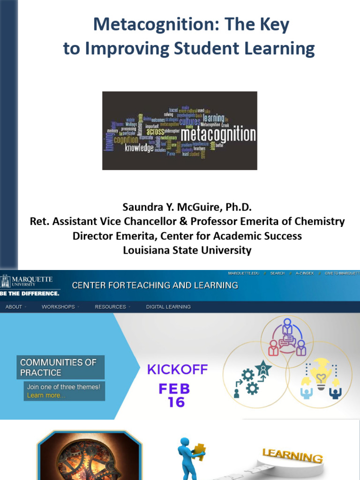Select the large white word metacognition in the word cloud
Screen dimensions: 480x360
pyautogui.click(x=218, y=135)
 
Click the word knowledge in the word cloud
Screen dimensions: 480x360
pyautogui.click(x=139, y=148)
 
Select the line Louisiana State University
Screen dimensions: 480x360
pyautogui.click(x=187, y=250)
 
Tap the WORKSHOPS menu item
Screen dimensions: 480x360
pyautogui.click(x=58, y=307)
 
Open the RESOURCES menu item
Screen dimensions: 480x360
pyautogui.click(x=111, y=307)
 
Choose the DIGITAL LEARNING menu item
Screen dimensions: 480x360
pyautogui.click(x=168, y=307)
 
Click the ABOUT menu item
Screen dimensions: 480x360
pyautogui.click(x=14, y=307)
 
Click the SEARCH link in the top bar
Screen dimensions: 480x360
pyautogui.click(x=277, y=273)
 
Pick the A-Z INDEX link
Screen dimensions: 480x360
pyautogui.click(x=305, y=273)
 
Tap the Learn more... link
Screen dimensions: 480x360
pyautogui.click(x=46, y=395)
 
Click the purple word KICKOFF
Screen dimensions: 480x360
pyautogui.click(x=177, y=369)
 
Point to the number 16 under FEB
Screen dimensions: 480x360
pyautogui.click(x=176, y=402)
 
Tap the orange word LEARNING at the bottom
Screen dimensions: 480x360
pyautogui.click(x=292, y=456)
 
